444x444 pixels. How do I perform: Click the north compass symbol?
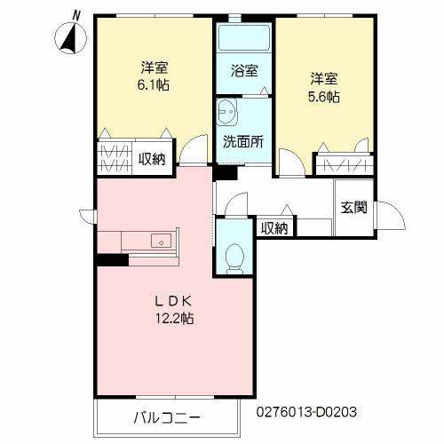(x=70, y=36)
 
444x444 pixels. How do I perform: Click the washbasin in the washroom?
(x=228, y=114)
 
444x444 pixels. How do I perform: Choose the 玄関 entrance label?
(x=353, y=208)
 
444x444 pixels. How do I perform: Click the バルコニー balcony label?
(x=168, y=416)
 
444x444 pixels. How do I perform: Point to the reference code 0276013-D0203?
(x=306, y=412)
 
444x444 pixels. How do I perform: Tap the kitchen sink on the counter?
(x=161, y=240)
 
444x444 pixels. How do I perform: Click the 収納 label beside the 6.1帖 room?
(x=152, y=159)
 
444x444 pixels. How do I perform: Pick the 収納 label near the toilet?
(x=274, y=228)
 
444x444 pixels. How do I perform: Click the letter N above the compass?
(x=77, y=15)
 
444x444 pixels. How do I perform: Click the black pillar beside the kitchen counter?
(x=113, y=260)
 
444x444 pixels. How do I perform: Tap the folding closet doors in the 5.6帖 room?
(x=341, y=164)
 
